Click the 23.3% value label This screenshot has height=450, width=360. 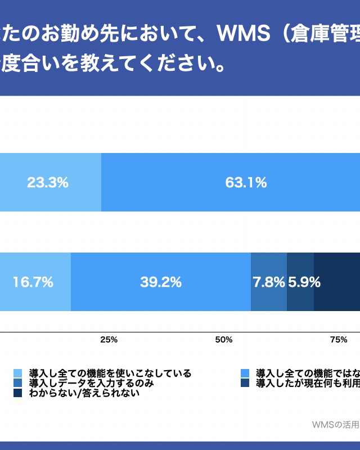pos(48,182)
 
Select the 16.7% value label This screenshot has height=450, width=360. pos(33,282)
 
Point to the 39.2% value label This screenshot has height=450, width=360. pos(161,282)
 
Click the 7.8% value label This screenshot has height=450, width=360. pos(269,282)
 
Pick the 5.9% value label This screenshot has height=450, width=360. pos(304,282)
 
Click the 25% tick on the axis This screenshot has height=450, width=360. pos(109,340)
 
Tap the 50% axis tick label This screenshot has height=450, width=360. pos(224,340)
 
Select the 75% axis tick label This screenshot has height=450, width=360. pos(338,340)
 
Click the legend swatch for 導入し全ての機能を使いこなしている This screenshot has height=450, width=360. pos(17,373)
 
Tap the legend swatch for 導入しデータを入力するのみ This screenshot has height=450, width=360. pos(17,383)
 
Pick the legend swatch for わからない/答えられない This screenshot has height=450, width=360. pos(17,393)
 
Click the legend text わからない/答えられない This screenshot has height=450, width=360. pos(84,393)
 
